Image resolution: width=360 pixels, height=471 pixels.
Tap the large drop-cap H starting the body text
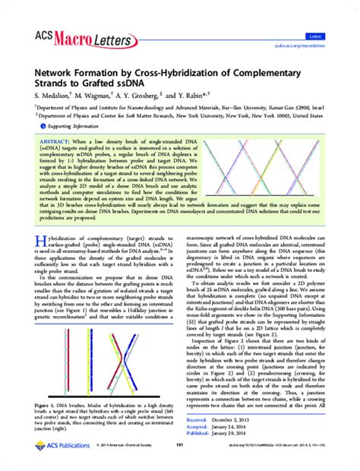40,243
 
